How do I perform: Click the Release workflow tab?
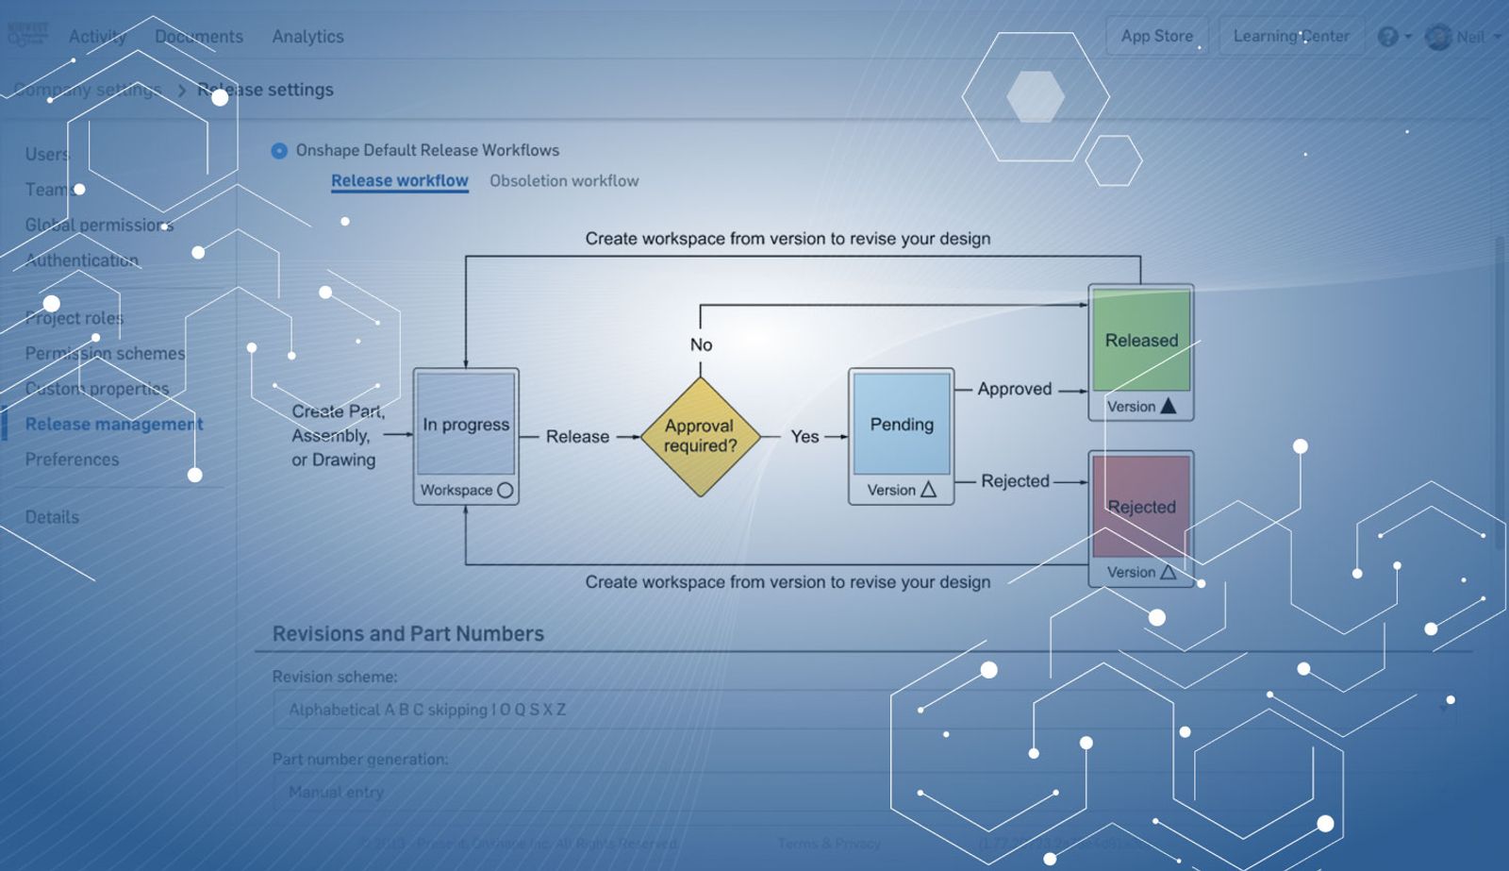(399, 180)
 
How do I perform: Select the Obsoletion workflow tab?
(564, 180)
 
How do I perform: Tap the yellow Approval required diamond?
(700, 436)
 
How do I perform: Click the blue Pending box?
(902, 424)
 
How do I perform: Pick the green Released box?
(1141, 340)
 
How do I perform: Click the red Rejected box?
(1141, 507)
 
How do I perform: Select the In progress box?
(466, 424)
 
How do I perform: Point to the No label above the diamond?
(701, 344)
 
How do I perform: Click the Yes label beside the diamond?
(804, 436)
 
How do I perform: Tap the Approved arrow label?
(1014, 389)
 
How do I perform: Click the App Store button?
(1156, 36)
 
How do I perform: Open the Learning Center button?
(1290, 36)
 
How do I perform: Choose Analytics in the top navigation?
(307, 37)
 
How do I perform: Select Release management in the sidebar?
(114, 424)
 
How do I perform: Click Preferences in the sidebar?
(72, 460)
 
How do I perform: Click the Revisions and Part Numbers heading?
(407, 633)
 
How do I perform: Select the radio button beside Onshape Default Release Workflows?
(279, 151)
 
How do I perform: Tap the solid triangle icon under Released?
(1169, 406)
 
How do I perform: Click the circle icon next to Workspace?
(505, 490)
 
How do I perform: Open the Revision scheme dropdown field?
(863, 710)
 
